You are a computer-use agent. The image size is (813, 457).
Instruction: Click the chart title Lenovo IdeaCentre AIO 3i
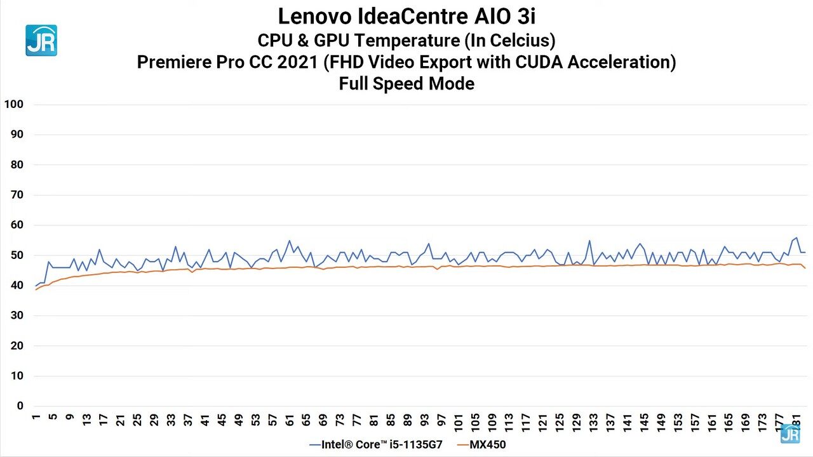(x=406, y=15)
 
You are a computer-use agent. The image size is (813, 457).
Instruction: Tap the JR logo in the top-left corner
(x=41, y=41)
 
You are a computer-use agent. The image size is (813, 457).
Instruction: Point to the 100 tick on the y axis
(x=13, y=104)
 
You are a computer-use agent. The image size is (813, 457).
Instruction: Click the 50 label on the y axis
(x=17, y=255)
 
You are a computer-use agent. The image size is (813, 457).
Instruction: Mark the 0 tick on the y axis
(x=20, y=406)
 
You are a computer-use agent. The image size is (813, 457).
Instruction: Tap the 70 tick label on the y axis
(x=17, y=195)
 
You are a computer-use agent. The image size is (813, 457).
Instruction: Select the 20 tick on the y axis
(x=17, y=346)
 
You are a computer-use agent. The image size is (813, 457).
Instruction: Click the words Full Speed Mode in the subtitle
(x=406, y=84)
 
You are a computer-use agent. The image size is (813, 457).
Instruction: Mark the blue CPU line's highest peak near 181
(x=796, y=237)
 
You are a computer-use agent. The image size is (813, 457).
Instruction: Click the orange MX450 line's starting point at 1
(x=36, y=289)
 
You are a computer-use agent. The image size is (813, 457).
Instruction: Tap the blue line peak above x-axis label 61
(x=290, y=241)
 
